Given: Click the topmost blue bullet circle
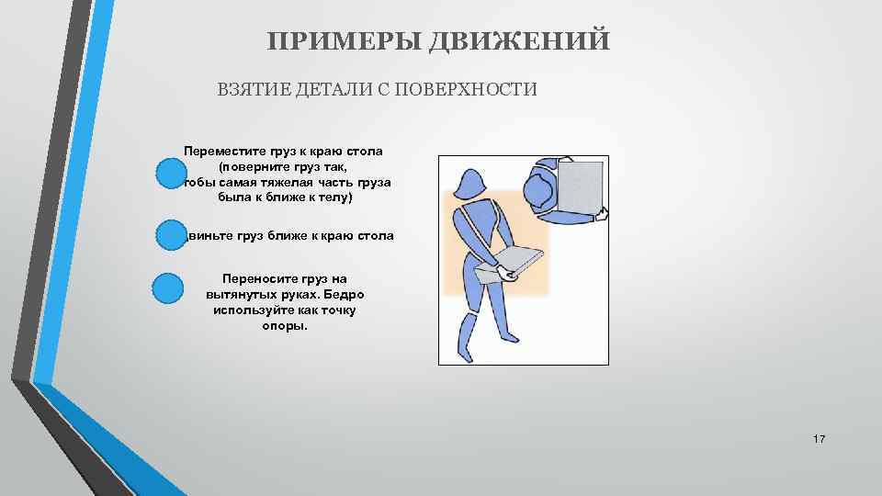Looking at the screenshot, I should pyautogui.click(x=169, y=173).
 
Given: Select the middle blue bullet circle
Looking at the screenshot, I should pyautogui.click(x=169, y=235).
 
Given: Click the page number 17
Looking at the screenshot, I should pyautogui.click(x=820, y=440).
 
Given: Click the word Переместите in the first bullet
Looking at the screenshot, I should pyautogui.click(x=221, y=150).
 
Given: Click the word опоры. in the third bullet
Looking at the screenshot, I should pyautogui.click(x=285, y=326).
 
